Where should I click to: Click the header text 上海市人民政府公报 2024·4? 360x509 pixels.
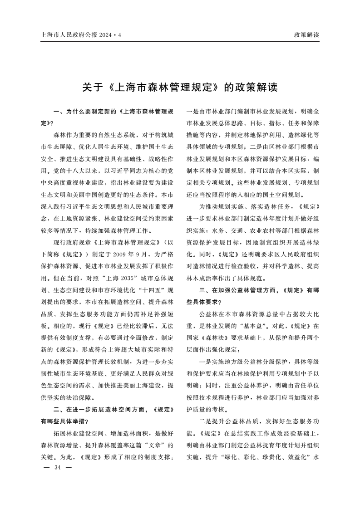(x=81, y=34)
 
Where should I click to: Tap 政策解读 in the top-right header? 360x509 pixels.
(x=306, y=34)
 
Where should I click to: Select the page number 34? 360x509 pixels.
(x=57, y=468)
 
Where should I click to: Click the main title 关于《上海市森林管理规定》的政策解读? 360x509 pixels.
(x=180, y=87)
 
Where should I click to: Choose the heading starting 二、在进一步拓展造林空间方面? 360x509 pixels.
(x=113, y=410)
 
